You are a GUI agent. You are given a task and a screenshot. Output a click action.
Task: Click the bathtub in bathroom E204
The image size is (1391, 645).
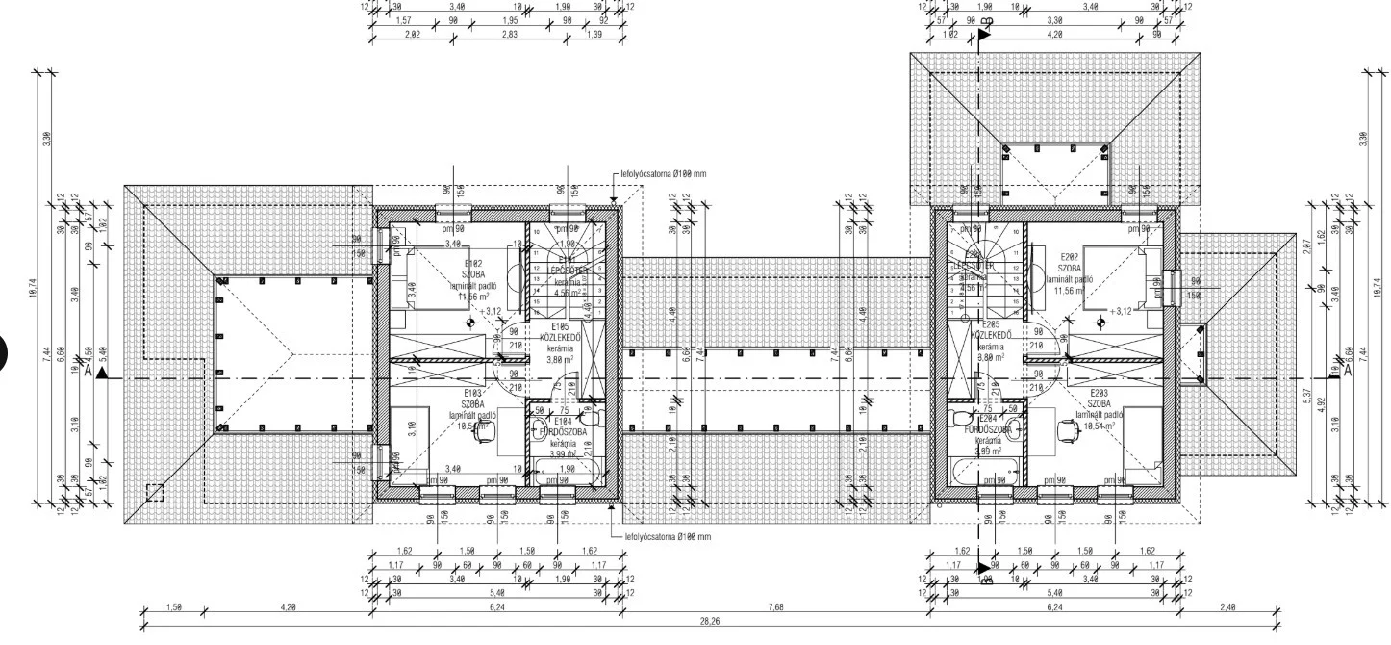974,472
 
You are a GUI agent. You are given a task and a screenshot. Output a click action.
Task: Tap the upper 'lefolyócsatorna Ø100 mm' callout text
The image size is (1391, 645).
664,174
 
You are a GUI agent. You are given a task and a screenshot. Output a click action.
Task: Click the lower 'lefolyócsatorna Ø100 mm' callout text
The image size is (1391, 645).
668,536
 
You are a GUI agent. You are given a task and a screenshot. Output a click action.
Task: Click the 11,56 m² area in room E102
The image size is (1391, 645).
471,297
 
